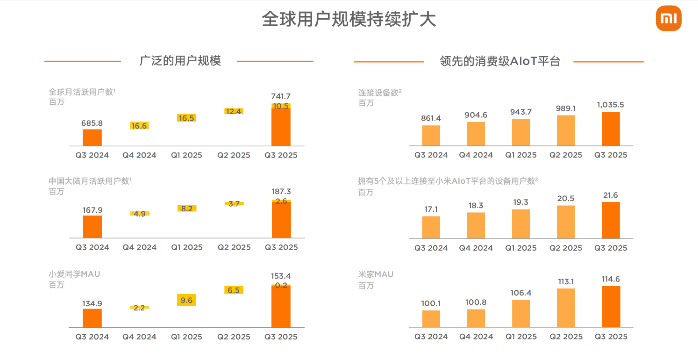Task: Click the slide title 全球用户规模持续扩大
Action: click(x=349, y=20)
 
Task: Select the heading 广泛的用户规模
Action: click(x=180, y=61)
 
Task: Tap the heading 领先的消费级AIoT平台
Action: click(x=499, y=61)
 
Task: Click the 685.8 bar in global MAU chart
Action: click(x=92, y=137)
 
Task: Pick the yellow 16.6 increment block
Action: click(x=139, y=126)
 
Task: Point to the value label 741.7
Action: click(x=281, y=96)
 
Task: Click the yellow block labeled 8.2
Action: click(x=186, y=209)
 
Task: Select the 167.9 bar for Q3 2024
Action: click(x=92, y=227)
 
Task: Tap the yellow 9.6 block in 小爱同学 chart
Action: click(x=186, y=300)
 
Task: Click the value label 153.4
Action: click(x=281, y=276)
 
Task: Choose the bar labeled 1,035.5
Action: click(x=611, y=129)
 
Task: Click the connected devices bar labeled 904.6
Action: click(x=476, y=134)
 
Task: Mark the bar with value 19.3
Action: click(x=521, y=224)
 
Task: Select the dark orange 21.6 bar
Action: click(x=611, y=220)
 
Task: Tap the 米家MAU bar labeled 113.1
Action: click(x=566, y=308)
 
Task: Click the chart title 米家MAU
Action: click(x=376, y=274)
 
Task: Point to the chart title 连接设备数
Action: click(x=378, y=93)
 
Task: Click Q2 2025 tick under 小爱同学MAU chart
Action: click(x=234, y=337)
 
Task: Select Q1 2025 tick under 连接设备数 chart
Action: click(x=521, y=155)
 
